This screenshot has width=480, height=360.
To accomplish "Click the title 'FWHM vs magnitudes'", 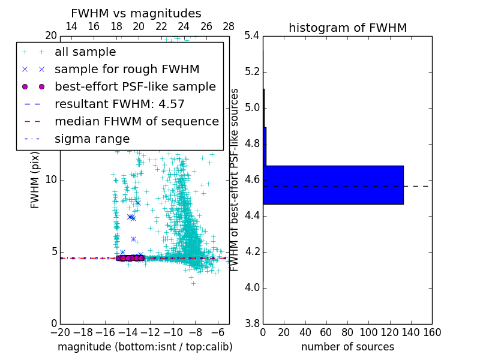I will coord(136,13).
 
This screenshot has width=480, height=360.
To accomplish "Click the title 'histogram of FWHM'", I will coord(347,28).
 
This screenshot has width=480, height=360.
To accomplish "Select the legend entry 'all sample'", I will coord(85,52).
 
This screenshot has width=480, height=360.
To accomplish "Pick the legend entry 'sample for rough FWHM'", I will coord(127,70).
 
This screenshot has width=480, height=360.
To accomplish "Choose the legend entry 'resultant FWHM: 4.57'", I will coord(119,104).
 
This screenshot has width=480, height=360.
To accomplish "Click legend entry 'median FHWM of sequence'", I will coord(136,122).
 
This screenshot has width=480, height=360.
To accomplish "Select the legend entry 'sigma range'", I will coord(92,139).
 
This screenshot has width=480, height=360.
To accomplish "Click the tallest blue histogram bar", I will coord(333,185).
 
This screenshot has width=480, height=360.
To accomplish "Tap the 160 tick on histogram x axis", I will coord(432,332).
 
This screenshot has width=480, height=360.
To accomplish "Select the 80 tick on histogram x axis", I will coord(347,332).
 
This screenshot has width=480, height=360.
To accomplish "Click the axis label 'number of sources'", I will coord(347,347).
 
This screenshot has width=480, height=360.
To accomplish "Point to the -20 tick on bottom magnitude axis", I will coord(60,332).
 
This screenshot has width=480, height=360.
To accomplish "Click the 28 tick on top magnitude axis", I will coord(229,26).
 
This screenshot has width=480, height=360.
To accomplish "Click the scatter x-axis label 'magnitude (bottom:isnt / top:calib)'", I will coord(145,347).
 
